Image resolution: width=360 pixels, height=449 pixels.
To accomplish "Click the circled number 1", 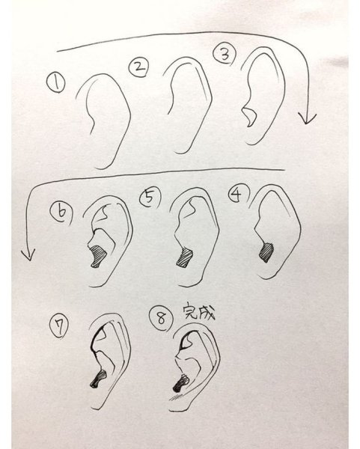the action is coord(56,82).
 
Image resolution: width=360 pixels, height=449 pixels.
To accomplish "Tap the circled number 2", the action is coord(138,67).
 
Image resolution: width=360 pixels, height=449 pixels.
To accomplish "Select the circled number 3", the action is coord(225,54).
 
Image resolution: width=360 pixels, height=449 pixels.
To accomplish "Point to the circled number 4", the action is coord(238,195).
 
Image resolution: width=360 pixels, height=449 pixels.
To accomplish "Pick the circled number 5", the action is coord(150,198).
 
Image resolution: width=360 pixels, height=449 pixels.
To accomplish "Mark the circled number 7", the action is coord(58,328).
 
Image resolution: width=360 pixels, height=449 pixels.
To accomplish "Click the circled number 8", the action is coord(161,319).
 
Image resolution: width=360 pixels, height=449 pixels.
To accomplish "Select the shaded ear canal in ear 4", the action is coord(266,253).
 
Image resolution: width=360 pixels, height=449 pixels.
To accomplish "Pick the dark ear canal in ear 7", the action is coord(98,379).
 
